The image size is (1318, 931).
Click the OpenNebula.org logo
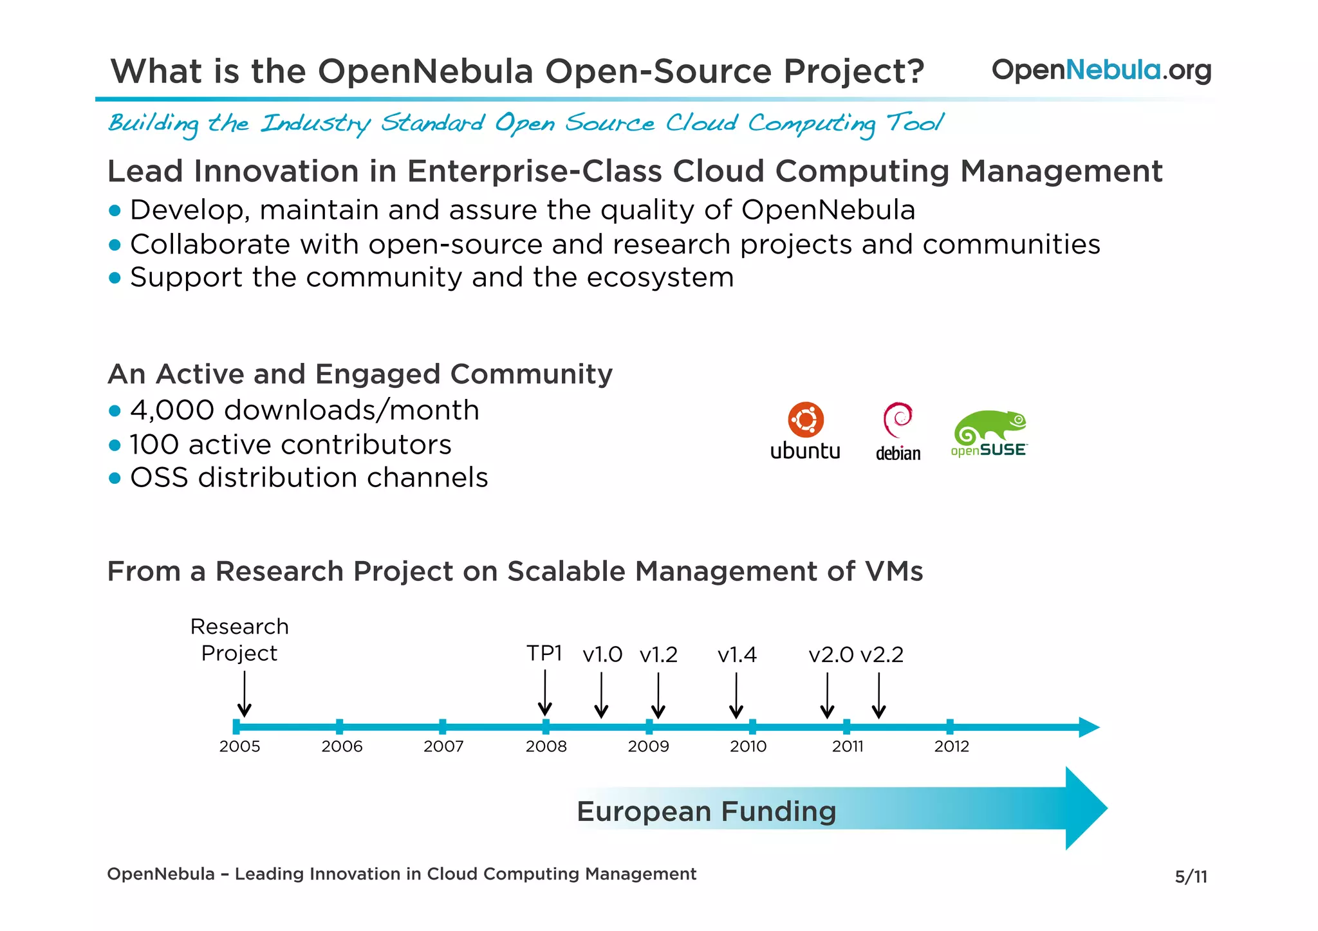1101,70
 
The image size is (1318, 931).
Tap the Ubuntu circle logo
806,419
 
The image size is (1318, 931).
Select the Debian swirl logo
898,419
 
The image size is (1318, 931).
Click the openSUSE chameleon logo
989,427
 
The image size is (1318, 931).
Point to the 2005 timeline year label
239,746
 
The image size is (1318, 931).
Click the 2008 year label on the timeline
546,746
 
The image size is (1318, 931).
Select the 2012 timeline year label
951,746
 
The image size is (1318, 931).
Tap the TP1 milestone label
544,653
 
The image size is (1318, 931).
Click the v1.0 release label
602,655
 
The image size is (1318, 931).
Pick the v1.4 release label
737,655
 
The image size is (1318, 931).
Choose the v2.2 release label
882,655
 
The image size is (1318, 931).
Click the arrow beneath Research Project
244,694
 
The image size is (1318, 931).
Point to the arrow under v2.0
828,696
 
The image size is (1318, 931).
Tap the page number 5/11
1191,876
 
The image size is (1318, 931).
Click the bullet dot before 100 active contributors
115,445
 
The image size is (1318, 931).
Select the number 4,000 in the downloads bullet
172,410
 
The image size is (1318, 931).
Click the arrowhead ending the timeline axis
1089,727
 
